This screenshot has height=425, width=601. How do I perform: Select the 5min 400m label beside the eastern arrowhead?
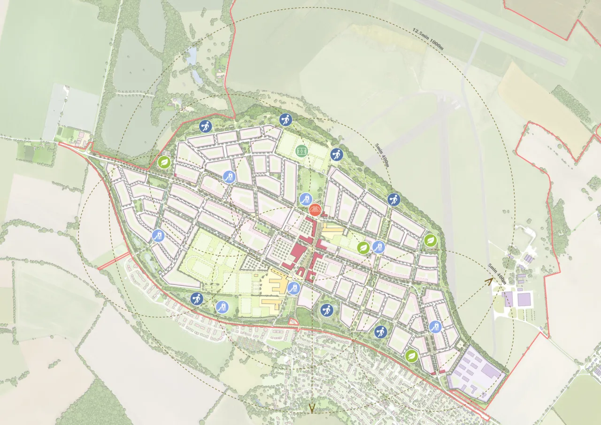coord(497,274)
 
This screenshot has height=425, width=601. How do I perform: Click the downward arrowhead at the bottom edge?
coord(311,409)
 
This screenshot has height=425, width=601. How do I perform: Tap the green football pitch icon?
coord(302,151)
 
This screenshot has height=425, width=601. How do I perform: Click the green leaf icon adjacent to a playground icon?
coord(363,247)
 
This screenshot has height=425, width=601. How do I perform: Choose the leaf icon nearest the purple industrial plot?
coord(412,356)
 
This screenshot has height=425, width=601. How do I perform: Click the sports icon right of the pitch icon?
coord(336,155)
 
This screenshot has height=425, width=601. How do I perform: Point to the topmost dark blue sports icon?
coord(284,120)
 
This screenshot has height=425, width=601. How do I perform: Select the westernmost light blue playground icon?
coord(158,236)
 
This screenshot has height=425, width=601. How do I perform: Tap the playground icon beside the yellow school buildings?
coord(293,287)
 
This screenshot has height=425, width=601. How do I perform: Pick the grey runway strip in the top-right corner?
coord(493,31)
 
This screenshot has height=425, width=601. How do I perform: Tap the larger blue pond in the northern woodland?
coord(191,56)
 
